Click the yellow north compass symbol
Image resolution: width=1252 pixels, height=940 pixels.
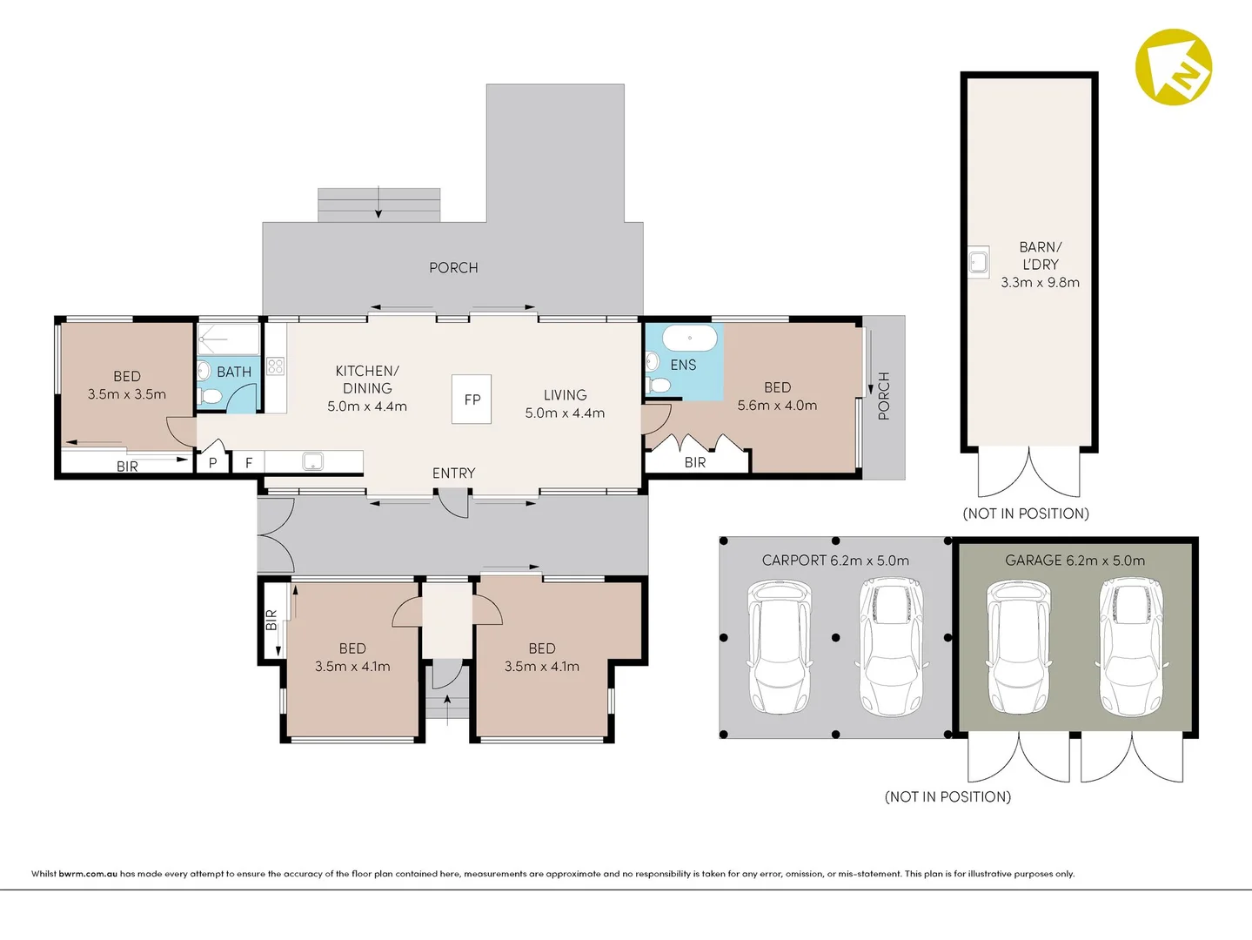[x=1174, y=67]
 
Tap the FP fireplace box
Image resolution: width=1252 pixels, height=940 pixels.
[x=472, y=399]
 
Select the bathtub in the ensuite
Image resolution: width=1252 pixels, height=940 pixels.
[x=690, y=339]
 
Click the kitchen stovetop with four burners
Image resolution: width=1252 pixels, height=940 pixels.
[x=276, y=366]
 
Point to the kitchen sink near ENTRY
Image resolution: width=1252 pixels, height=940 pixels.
[x=312, y=460]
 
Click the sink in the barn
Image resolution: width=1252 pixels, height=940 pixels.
[x=979, y=262]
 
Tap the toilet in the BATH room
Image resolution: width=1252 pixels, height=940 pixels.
[x=209, y=396]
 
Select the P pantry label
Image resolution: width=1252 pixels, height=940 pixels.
[x=213, y=462]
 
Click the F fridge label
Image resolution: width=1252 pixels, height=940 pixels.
[x=249, y=462]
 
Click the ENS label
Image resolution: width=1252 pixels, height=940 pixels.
[x=683, y=365]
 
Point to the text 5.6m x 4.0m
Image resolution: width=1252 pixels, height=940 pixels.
[x=777, y=405]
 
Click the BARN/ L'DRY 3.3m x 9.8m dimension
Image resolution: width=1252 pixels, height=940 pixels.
[x=1040, y=282]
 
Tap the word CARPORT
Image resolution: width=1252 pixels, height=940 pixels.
[x=794, y=561]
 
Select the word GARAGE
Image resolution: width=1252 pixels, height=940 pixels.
[x=1033, y=561]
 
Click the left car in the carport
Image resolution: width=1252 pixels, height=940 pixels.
[x=780, y=646]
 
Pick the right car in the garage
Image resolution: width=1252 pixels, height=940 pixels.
[x=1131, y=647]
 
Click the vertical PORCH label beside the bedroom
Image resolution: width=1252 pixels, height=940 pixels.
[x=884, y=396]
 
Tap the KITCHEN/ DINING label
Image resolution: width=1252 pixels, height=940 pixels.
[x=367, y=379]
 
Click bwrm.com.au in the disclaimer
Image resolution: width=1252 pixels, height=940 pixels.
[x=88, y=873]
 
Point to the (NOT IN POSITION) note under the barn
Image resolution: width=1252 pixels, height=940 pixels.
[x=1026, y=514]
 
